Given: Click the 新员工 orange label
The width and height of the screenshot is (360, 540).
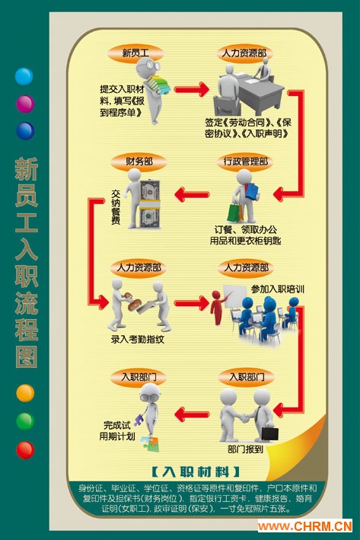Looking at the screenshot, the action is (x=135, y=53).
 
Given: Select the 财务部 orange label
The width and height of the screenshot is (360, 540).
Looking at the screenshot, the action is (x=139, y=161).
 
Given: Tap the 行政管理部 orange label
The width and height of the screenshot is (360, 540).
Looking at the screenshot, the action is (x=245, y=161).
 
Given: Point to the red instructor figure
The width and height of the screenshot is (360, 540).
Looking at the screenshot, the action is (x=217, y=307).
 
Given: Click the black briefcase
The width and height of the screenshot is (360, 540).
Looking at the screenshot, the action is (x=269, y=433).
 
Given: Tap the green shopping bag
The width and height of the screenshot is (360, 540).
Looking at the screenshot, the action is (x=234, y=212).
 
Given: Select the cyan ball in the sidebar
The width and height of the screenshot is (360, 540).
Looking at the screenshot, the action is (x=24, y=76).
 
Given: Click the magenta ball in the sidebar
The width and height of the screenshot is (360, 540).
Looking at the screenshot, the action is (x=25, y=104).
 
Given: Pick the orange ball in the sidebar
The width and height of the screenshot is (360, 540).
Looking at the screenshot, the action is (x=25, y=393).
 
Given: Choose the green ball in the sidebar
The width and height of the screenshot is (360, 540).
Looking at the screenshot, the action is (x=25, y=421).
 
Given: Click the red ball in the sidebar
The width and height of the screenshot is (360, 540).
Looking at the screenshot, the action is (x=25, y=450).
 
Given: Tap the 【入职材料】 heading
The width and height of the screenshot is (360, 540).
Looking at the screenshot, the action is (x=196, y=471).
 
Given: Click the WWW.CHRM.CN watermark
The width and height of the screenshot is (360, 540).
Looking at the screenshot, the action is (x=305, y=526).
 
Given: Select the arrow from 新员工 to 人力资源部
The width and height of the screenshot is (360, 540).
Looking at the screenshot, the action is (x=191, y=90).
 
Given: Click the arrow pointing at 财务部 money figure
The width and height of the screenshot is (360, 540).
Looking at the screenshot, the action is (x=192, y=194).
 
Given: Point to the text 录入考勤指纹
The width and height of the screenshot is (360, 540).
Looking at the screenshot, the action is (x=137, y=339).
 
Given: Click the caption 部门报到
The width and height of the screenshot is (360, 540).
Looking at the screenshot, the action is (x=245, y=449).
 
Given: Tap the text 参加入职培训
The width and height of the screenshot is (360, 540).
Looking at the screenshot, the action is (x=277, y=289).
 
